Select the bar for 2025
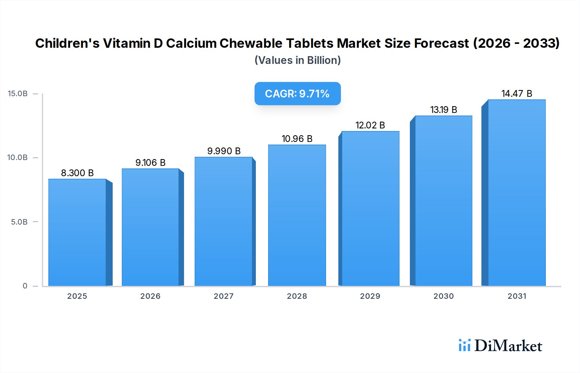coord(77,232)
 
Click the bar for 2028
coord(297,215)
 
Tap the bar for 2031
coord(517,193)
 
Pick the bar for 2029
coord(370,208)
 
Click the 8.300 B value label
coord(77,173)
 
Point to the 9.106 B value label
coord(150,163)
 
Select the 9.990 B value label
coord(224,151)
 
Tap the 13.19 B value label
coord(444,110)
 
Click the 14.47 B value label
coord(517,94)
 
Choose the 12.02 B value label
coord(370,125)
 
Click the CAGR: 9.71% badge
coord(297,94)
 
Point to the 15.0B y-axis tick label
coord(18,94)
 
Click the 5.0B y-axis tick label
coord(19,222)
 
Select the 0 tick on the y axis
coord(25,286)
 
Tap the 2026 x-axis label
coord(150,296)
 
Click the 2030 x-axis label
coord(444,296)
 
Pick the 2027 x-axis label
coord(224,296)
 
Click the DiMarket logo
coord(500,346)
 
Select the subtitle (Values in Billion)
coord(297,60)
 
